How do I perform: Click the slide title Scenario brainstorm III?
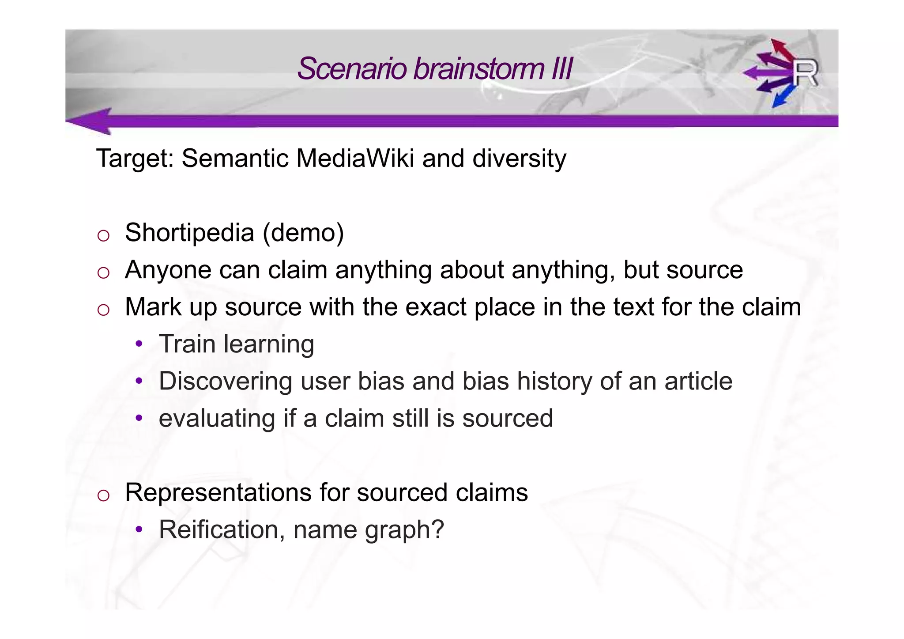[x=434, y=69]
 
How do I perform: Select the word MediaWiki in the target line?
[x=354, y=158]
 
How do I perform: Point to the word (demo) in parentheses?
[x=303, y=233]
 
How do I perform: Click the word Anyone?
[x=168, y=270]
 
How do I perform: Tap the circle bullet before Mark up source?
[x=103, y=310]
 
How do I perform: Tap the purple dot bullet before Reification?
[x=139, y=529]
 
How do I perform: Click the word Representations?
[x=218, y=492]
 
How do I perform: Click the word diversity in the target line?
[x=519, y=158]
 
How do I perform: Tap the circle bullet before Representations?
[x=103, y=495]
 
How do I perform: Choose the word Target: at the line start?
[x=135, y=158]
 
